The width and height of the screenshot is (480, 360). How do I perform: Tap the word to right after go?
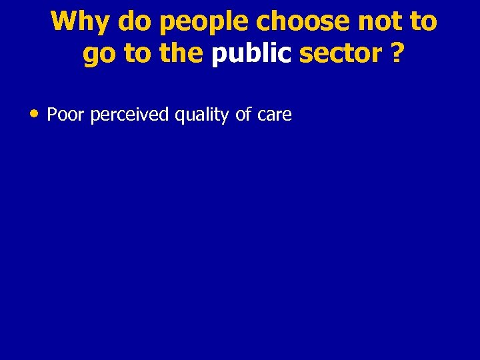(137, 54)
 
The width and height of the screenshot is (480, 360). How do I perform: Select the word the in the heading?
(181, 54)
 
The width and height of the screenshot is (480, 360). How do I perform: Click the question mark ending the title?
(397, 54)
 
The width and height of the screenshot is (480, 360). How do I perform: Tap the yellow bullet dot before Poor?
(33, 113)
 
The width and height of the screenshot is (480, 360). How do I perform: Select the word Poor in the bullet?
(65, 115)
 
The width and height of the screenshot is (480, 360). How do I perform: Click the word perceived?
(129, 115)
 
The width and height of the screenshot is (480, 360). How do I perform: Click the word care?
(273, 115)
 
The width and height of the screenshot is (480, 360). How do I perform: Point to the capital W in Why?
(65, 22)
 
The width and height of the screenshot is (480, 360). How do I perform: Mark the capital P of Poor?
(52, 115)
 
